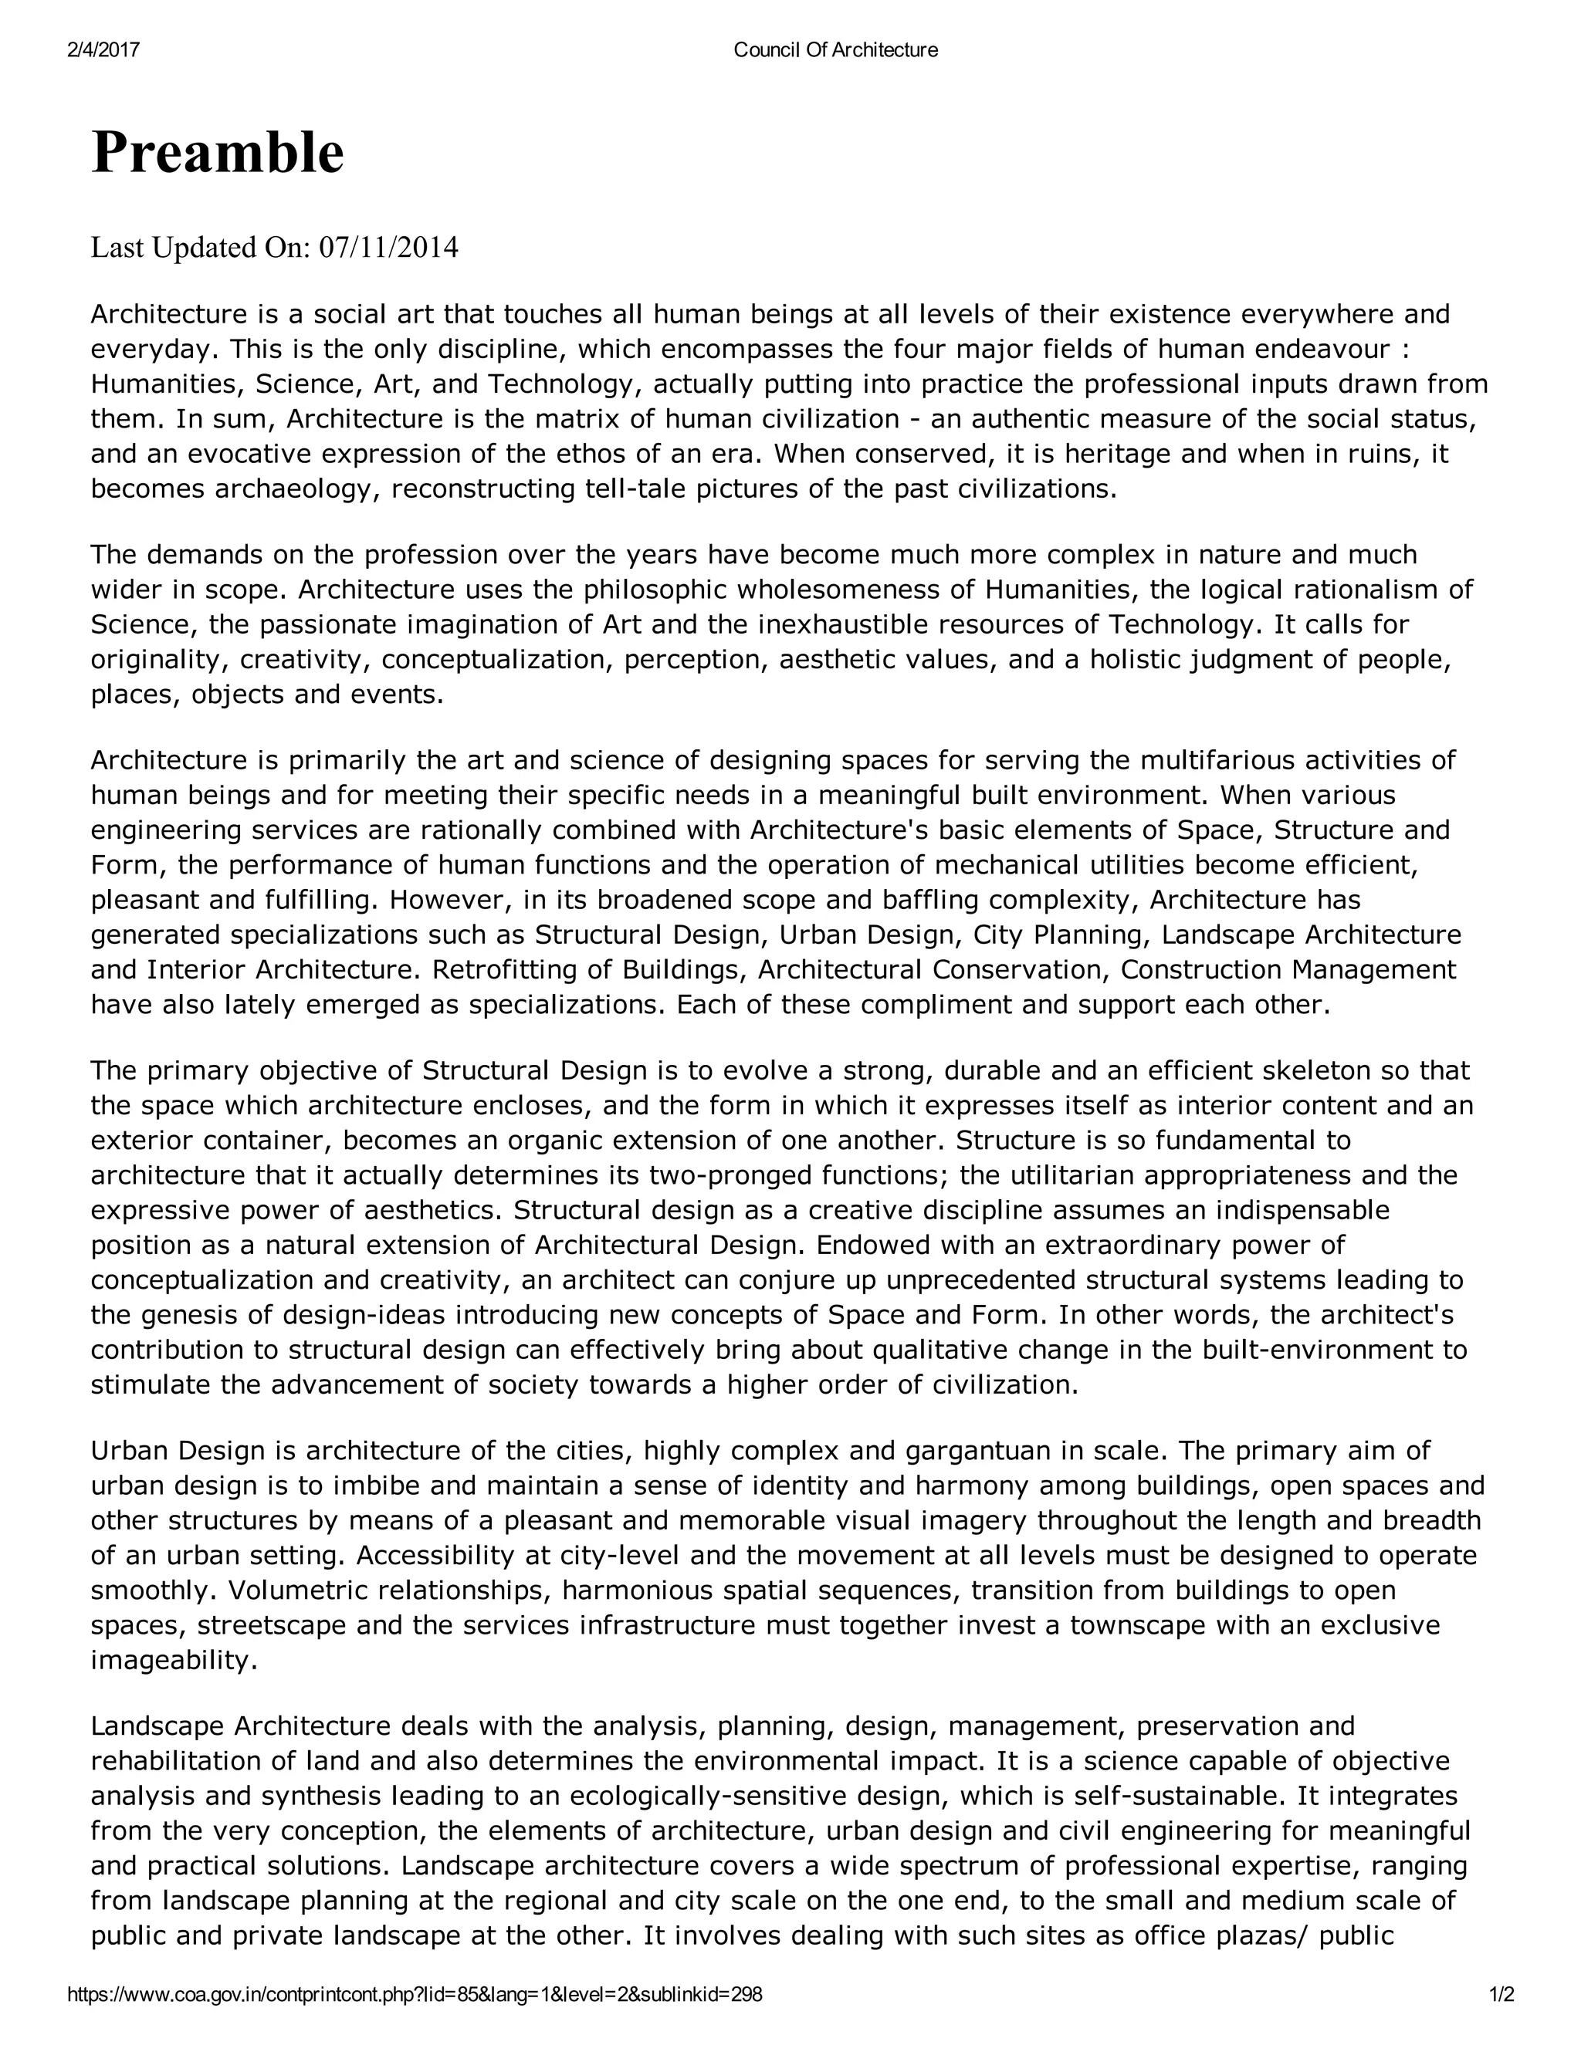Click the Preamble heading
[x=217, y=153]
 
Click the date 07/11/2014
[x=389, y=248]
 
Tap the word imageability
[x=173, y=1661]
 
